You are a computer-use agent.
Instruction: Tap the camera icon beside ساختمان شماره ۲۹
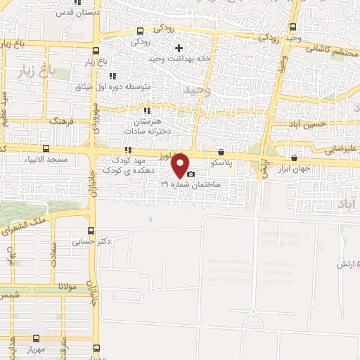[191, 174]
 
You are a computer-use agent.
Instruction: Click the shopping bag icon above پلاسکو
[221, 151]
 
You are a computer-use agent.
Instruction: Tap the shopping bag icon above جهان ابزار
[294, 157]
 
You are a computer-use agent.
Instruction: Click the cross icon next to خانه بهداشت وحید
[179, 49]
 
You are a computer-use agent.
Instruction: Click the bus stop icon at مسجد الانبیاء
[46, 149]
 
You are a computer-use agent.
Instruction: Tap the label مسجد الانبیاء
[46, 160]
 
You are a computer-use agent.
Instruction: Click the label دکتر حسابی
[92, 241]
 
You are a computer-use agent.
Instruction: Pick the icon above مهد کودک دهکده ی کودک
[128, 150]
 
